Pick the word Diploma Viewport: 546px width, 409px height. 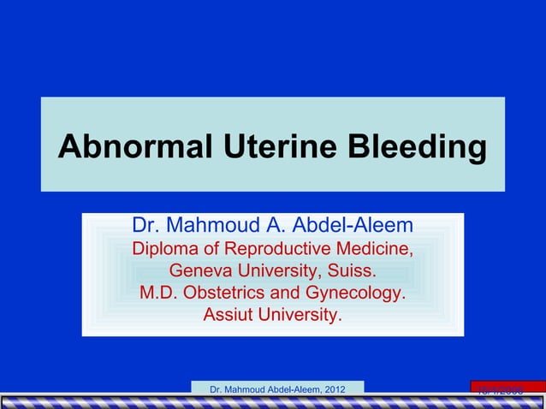(x=163, y=250)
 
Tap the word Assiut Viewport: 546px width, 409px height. (x=228, y=315)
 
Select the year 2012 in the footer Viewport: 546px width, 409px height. (x=333, y=390)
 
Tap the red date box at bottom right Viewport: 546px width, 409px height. (x=507, y=389)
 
